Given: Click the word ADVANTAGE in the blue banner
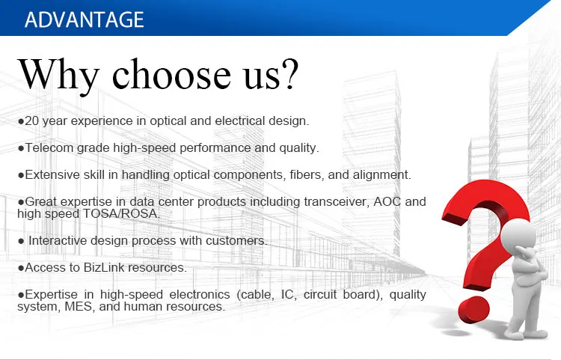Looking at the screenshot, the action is click(85, 19).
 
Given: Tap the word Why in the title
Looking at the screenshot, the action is click(58, 75).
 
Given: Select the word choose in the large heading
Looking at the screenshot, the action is click(171, 73).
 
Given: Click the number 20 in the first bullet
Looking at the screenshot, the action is click(31, 121).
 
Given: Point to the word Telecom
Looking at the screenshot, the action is click(49, 147).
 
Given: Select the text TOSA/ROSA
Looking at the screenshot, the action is click(122, 213).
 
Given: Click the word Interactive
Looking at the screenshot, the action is click(58, 240).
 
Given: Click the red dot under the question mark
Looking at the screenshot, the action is click(474, 310).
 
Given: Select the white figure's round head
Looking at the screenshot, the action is click(518, 237).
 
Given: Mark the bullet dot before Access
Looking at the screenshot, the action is click(21, 268).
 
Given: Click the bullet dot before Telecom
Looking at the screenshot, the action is click(21, 148).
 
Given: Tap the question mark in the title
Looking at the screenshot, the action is click(289, 73).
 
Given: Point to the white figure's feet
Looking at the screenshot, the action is click(525, 335).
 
